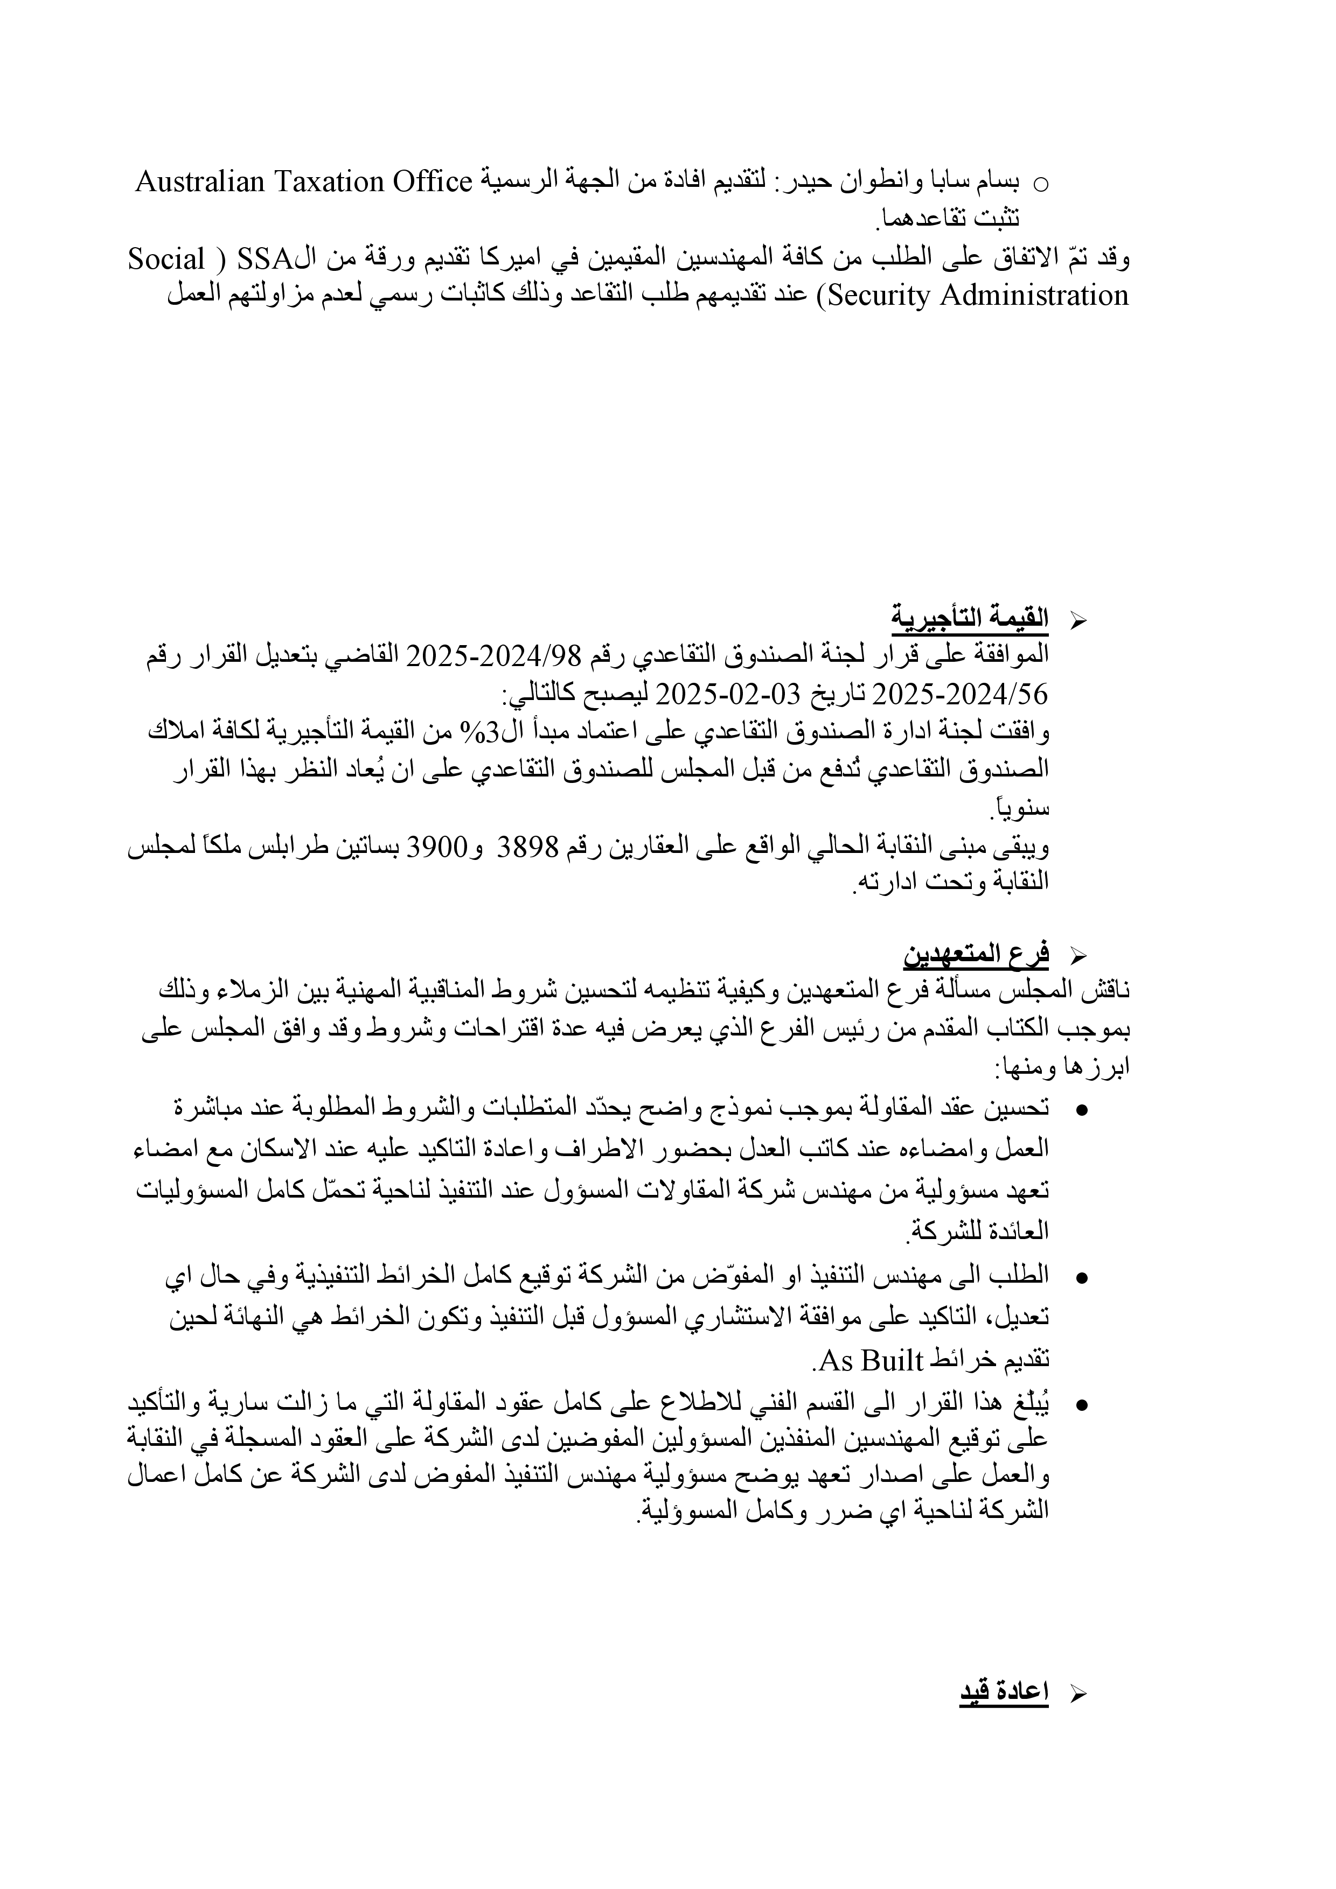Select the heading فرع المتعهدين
click(x=976, y=954)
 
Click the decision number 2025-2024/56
click(x=960, y=695)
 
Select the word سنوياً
click(x=1021, y=808)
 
